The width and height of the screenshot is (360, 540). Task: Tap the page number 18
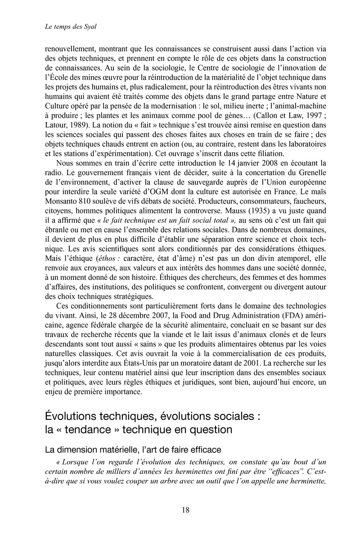(x=186, y=509)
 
